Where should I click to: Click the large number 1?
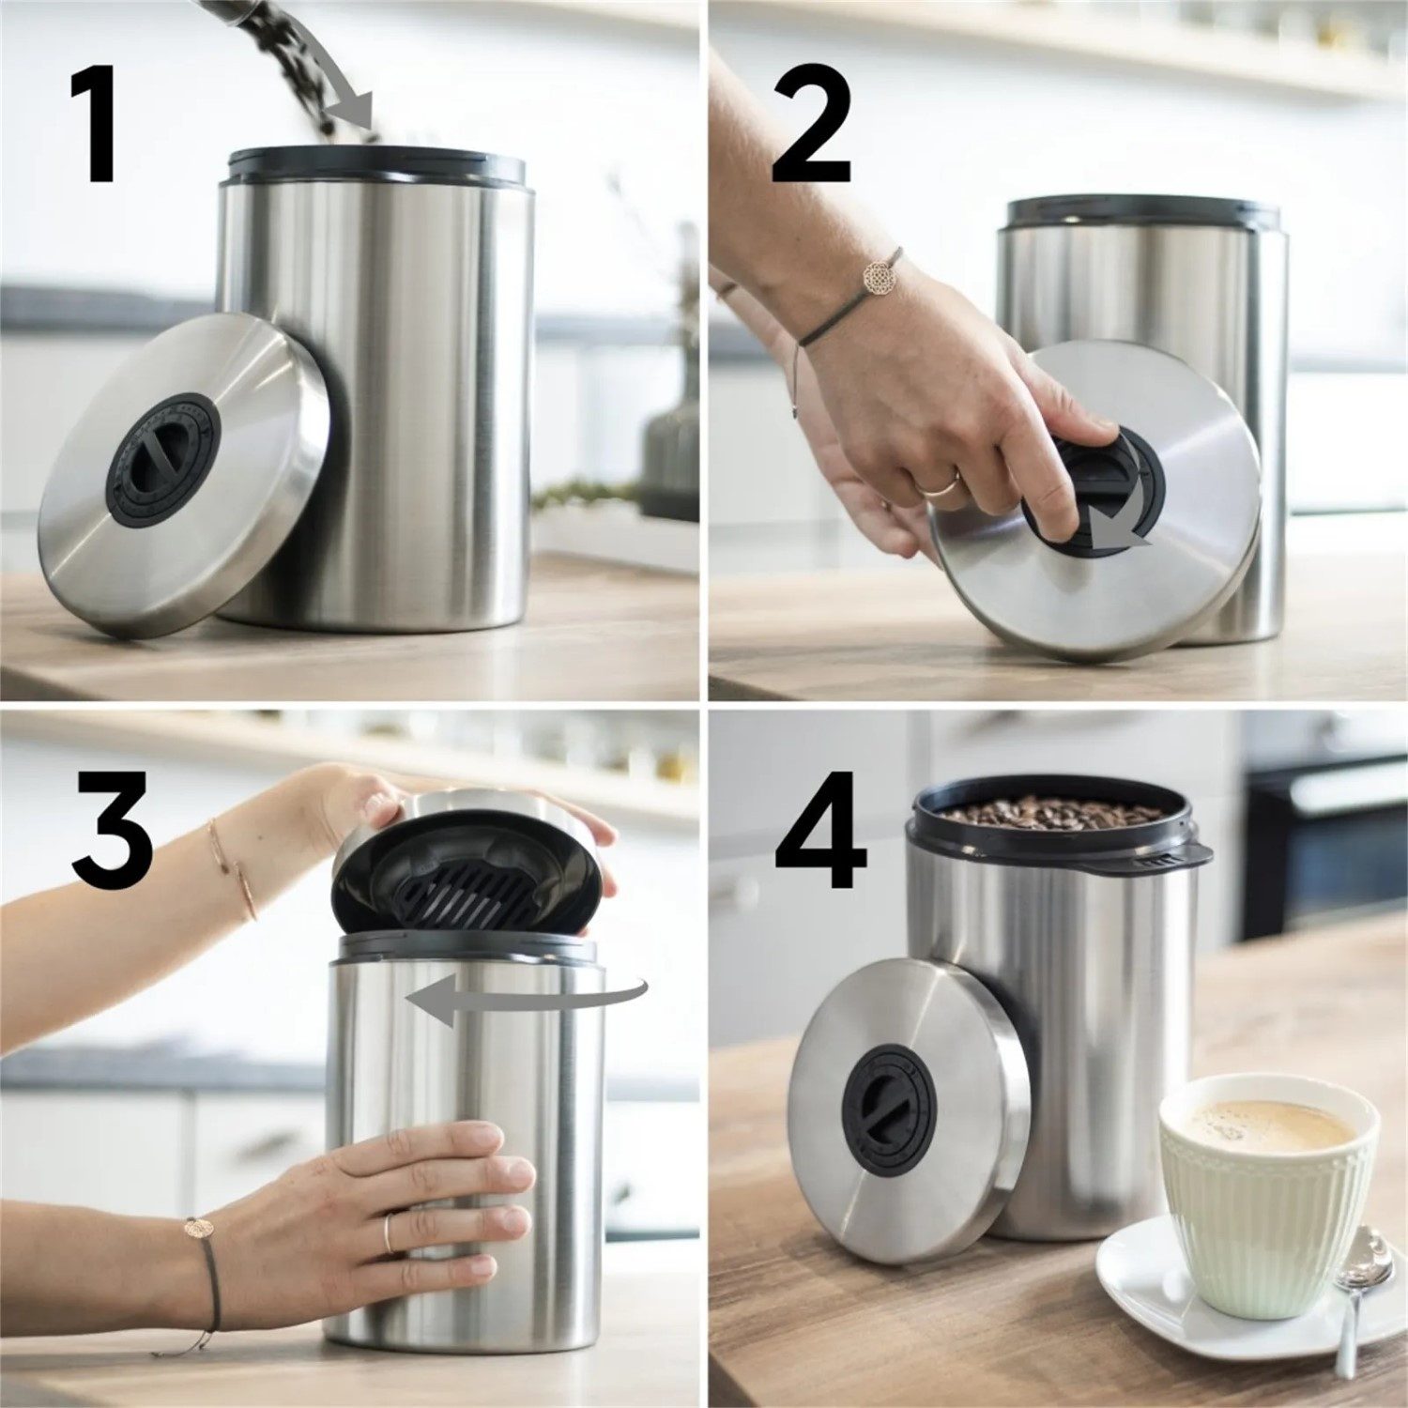(97, 125)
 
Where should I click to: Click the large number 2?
(812, 125)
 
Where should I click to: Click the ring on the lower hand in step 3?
(388, 1232)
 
